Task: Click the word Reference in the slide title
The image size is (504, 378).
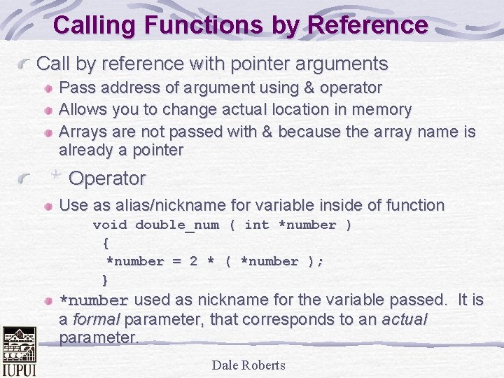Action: pyautogui.click(x=367, y=25)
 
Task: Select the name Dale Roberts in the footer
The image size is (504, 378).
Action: pyautogui.click(x=248, y=365)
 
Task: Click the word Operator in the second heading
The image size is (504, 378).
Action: pyautogui.click(x=107, y=178)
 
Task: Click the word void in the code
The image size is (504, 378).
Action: pyautogui.click(x=110, y=225)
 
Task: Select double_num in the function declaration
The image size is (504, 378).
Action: pyautogui.click(x=177, y=225)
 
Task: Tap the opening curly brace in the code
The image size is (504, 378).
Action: pyautogui.click(x=106, y=243)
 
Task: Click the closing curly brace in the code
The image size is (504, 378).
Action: pyautogui.click(x=106, y=280)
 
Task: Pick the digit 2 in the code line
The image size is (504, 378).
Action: pyautogui.click(x=193, y=261)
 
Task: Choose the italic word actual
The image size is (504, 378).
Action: pyautogui.click(x=404, y=319)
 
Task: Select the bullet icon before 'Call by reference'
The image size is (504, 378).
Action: pyautogui.click(x=25, y=65)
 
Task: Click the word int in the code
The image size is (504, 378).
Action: pyautogui.click(x=256, y=225)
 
